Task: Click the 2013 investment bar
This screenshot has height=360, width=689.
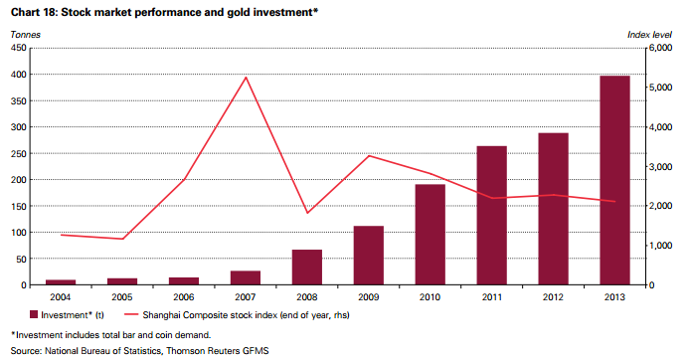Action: [614, 180]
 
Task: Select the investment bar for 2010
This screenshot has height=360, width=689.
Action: [431, 235]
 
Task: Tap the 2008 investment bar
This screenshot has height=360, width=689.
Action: [307, 268]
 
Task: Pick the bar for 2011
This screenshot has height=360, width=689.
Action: [492, 216]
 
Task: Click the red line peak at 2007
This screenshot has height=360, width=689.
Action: [247, 78]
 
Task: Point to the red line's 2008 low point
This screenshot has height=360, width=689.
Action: [307, 213]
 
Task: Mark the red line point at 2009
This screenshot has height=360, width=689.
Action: [369, 155]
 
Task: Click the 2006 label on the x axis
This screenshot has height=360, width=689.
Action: [184, 297]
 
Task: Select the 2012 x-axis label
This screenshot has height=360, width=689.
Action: [553, 297]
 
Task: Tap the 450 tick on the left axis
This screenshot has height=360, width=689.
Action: [19, 48]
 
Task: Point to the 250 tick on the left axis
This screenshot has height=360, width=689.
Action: [19, 153]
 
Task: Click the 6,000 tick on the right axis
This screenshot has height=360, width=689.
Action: [661, 48]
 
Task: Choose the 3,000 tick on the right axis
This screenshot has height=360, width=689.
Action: [661, 167]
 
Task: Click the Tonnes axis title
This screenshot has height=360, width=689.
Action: [26, 35]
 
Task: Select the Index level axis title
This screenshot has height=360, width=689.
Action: [649, 35]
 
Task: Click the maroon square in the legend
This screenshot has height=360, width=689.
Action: [34, 314]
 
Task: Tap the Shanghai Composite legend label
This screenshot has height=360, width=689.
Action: [246, 315]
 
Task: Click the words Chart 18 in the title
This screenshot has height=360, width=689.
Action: [34, 12]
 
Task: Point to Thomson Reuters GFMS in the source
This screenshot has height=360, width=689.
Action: [218, 351]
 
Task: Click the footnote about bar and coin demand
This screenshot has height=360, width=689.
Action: [110, 335]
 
